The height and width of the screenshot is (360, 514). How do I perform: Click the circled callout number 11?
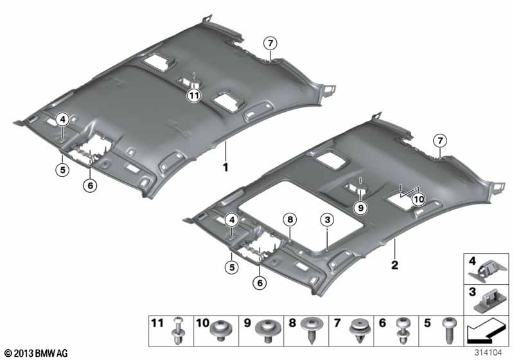pos(194,96)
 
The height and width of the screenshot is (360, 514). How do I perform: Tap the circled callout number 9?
pos(360,208)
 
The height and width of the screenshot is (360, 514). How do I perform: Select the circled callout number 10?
pos(419,199)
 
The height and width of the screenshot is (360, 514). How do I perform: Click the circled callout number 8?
pos(290,219)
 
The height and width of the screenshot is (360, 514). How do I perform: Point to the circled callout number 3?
pos(328,220)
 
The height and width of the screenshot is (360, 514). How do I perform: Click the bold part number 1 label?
pos(226,167)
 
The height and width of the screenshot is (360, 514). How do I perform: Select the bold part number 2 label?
pos(394,265)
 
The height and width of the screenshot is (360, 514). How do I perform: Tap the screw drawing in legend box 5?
pos(448,330)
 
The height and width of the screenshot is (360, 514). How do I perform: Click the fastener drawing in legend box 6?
pos(402,331)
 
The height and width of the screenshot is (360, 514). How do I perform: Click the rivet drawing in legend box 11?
pos(177,330)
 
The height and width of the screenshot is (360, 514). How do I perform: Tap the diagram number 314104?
pos(488,353)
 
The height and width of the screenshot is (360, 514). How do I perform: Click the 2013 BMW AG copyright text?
pos(37,353)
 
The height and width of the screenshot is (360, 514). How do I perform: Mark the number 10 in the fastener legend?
pos(202,323)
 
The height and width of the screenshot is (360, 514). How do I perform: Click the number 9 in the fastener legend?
pos(247,323)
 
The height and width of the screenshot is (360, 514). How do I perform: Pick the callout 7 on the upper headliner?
pos(270,43)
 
